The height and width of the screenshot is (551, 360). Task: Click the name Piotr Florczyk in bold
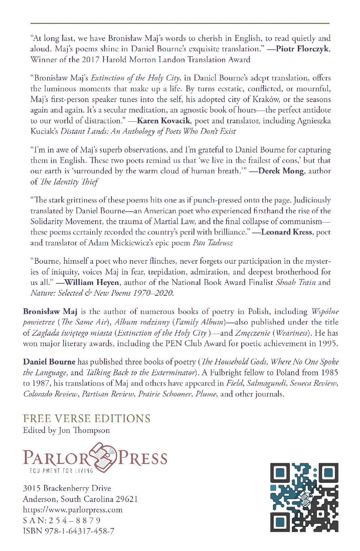click(303, 49)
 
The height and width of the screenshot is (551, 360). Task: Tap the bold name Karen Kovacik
click(163, 121)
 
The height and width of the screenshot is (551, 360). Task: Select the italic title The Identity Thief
click(69, 182)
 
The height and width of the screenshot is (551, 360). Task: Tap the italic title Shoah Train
click(296, 283)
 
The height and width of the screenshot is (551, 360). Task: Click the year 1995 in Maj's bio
click(327, 344)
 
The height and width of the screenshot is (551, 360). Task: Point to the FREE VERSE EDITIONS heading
click(87, 419)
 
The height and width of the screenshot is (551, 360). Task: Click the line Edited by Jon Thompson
click(66, 430)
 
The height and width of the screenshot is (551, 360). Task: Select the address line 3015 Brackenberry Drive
click(67, 489)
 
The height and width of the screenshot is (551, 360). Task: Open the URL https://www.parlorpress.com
click(73, 510)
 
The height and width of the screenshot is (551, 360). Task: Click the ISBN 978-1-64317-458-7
click(69, 531)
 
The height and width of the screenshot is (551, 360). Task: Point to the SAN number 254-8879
click(62, 521)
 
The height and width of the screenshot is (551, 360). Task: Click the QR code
click(304, 497)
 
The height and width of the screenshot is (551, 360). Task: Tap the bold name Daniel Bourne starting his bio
click(49, 362)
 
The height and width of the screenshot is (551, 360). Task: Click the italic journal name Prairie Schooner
click(165, 394)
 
